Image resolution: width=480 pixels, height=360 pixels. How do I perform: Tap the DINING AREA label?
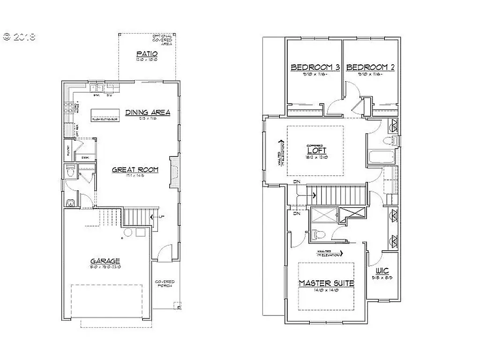[x=148, y=112]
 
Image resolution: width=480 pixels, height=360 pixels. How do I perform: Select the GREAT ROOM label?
[x=135, y=170]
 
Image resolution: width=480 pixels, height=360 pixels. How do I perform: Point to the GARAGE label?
[x=105, y=261]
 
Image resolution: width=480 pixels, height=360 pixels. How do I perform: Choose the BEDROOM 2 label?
[x=370, y=67]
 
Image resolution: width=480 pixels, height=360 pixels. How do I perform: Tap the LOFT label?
[x=316, y=151]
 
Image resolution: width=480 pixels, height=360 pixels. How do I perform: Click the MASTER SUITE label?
[x=326, y=283]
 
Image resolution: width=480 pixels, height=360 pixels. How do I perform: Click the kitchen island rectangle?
[x=105, y=114]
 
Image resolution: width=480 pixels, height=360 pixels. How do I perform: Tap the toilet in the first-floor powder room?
[x=70, y=172]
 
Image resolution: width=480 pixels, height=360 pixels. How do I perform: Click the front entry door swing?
[x=162, y=253]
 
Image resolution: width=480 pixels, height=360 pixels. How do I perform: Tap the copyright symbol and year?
[x=19, y=37]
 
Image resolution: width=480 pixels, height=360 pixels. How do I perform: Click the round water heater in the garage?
[x=127, y=232]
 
